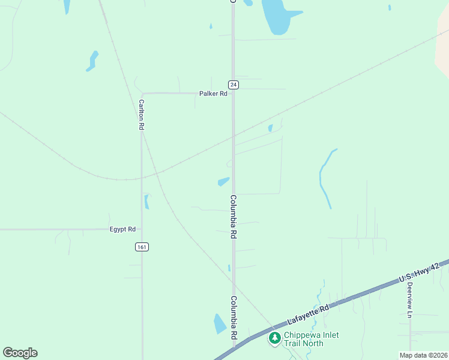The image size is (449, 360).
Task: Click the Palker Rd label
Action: [214, 94]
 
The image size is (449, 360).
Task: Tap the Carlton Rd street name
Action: [142, 115]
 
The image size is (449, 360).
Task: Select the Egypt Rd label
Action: [122, 229]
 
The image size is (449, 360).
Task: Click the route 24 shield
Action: [234, 85]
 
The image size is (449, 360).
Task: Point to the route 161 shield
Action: [142, 247]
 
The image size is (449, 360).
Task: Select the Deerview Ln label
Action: [410, 300]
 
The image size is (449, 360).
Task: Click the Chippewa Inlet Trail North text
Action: [304, 339]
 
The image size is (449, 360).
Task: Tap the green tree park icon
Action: [275, 338]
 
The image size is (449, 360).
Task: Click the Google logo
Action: [20, 353]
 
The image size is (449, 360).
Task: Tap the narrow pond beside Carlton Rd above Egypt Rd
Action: [146, 202]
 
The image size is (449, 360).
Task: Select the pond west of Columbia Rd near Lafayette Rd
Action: [220, 323]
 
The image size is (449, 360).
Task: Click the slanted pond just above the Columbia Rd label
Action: [223, 181]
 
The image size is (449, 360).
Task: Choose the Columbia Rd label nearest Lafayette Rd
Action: [233, 318]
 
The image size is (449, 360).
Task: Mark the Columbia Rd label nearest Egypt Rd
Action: [233, 217]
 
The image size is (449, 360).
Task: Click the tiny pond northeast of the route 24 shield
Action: [271, 128]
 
